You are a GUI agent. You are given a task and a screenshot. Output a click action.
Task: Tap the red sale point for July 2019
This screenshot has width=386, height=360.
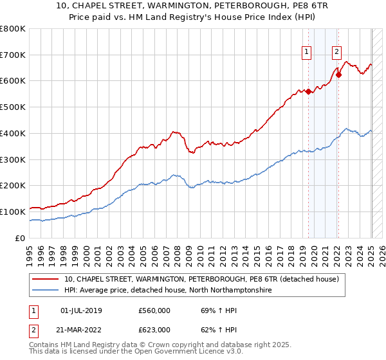(308, 91)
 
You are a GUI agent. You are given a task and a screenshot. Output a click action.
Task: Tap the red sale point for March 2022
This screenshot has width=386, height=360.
(339, 75)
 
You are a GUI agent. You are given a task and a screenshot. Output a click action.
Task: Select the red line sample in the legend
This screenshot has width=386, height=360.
(45, 279)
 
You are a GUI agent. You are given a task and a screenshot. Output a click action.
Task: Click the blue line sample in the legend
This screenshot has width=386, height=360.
(45, 291)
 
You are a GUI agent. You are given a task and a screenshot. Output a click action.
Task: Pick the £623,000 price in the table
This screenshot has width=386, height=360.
(154, 330)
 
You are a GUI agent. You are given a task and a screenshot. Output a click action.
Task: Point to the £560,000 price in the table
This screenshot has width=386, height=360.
(154, 309)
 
